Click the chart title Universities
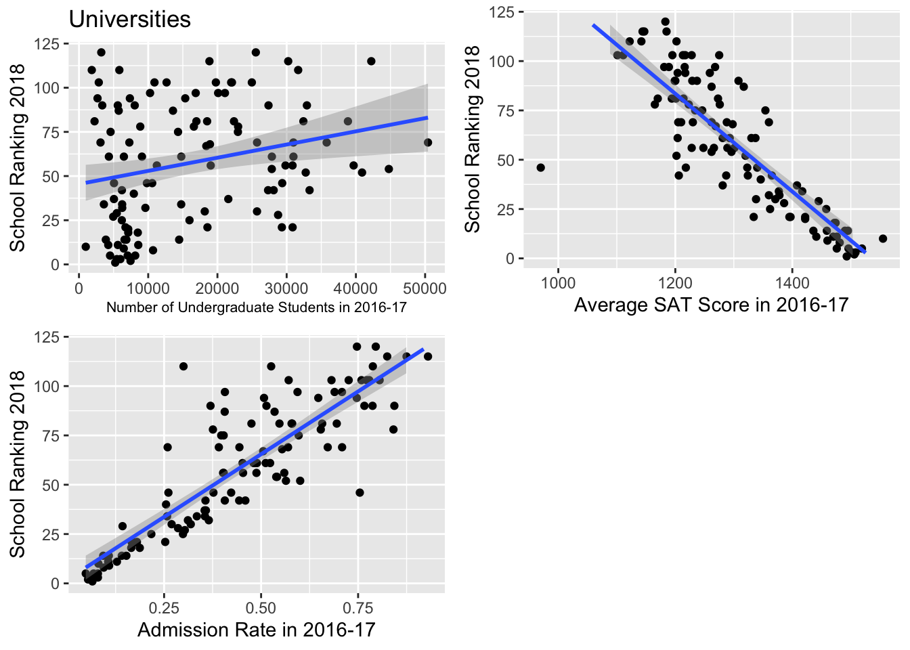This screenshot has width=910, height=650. (x=130, y=20)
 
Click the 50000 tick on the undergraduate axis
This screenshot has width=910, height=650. (x=425, y=288)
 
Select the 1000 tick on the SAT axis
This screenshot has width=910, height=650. (x=558, y=282)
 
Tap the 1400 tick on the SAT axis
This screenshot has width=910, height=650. (x=792, y=282)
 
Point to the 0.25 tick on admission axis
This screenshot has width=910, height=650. (x=164, y=607)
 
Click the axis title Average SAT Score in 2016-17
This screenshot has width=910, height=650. (x=711, y=305)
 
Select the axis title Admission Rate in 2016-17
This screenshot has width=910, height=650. (x=256, y=630)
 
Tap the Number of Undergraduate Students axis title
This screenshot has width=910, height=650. (x=256, y=307)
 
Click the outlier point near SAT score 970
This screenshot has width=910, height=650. (x=540, y=168)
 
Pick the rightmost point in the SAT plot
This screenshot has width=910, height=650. (x=883, y=238)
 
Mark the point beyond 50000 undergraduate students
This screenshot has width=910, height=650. (x=428, y=142)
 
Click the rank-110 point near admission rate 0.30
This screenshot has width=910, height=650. (x=183, y=366)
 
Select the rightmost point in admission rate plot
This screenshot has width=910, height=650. (x=428, y=357)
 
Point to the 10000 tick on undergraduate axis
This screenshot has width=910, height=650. (x=148, y=288)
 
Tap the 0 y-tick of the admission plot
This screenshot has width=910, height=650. (x=56, y=584)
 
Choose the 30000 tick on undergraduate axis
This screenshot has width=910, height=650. (x=286, y=288)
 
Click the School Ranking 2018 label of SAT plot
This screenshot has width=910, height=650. (x=473, y=139)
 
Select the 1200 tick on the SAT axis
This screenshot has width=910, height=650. (x=675, y=282)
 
